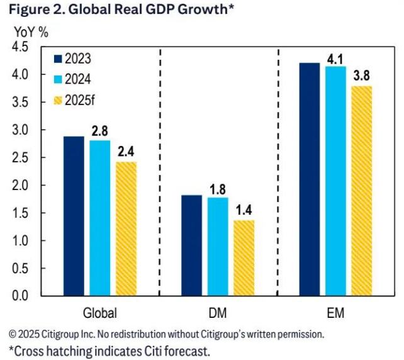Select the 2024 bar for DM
tap(218, 246)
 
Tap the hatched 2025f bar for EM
tap(362, 191)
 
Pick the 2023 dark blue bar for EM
tap(310, 179)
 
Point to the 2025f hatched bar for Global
tap(126, 228)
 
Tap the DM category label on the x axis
tap(218, 313)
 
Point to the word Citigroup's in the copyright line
tap(236, 334)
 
